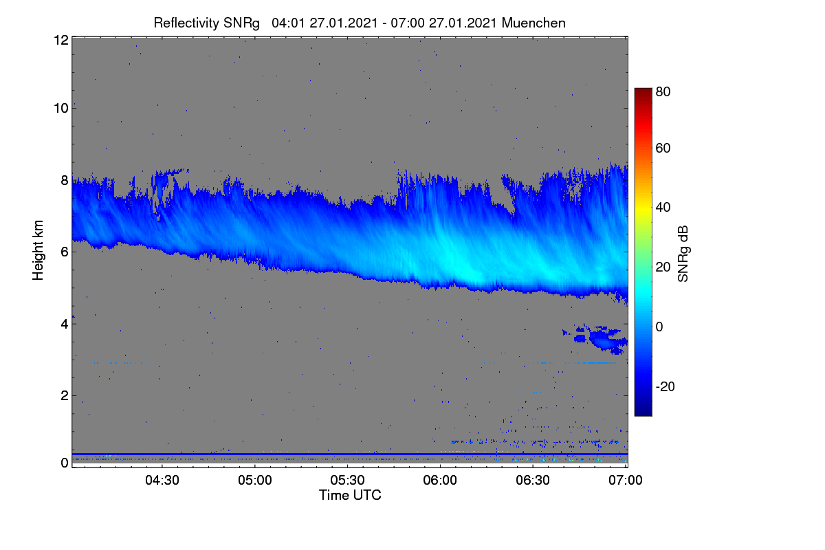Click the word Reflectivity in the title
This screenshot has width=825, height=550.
186,23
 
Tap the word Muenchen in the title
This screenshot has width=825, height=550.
533,23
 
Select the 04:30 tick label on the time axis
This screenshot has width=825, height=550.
162,481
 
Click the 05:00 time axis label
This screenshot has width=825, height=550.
255,481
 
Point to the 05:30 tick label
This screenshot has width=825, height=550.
347,481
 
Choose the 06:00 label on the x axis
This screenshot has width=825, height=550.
440,481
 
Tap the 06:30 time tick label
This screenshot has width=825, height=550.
533,481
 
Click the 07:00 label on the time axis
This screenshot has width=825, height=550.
626,481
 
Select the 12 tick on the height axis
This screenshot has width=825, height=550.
61,40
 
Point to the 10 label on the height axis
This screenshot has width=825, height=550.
61,109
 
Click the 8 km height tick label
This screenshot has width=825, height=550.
65,181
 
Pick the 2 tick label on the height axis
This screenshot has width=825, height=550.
65,396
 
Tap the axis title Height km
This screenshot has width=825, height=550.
38,250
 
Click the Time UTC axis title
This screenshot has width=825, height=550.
350,495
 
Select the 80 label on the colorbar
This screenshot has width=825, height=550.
663,91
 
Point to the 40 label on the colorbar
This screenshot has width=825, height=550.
663,208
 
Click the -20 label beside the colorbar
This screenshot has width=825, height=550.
665,386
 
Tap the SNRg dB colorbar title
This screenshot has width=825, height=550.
683,254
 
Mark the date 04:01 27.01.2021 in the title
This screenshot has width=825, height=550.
324,23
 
